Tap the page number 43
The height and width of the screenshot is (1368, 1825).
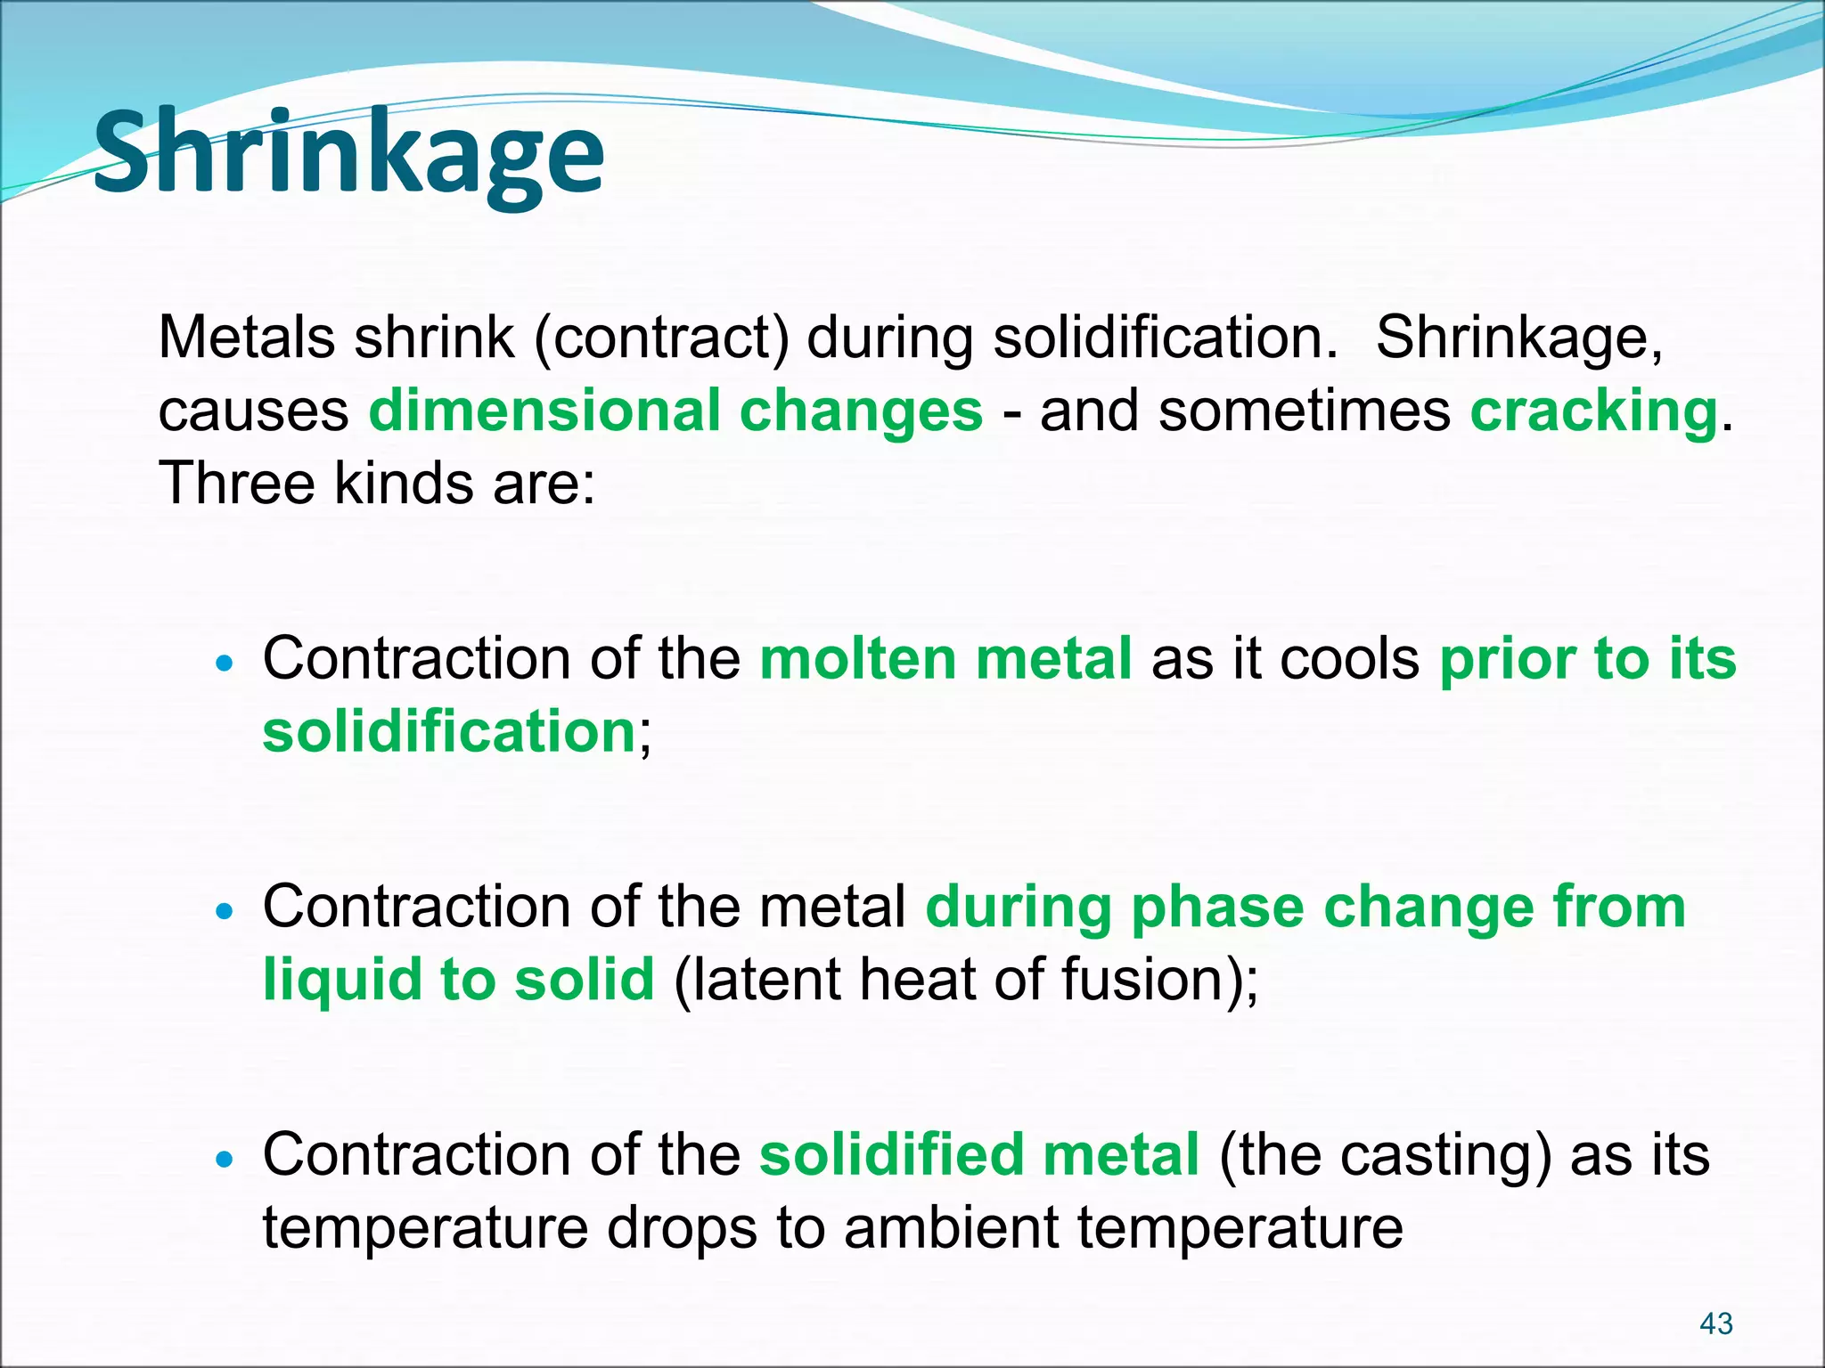click(1715, 1323)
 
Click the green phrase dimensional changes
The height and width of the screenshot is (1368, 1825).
click(675, 411)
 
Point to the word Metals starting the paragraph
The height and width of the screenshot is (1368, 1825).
click(247, 338)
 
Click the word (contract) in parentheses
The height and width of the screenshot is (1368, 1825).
click(661, 338)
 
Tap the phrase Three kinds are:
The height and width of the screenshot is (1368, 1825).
click(376, 484)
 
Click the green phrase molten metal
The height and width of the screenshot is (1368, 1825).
click(945, 659)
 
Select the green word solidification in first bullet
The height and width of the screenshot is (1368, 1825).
click(448, 732)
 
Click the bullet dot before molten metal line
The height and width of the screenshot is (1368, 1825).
click(225, 664)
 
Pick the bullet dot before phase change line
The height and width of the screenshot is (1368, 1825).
click(225, 911)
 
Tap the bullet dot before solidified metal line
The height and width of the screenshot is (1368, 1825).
click(225, 1160)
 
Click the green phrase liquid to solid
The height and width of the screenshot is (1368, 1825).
click(458, 980)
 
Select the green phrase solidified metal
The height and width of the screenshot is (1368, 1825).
click(978, 1155)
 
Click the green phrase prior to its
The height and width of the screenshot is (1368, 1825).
click(1587, 659)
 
